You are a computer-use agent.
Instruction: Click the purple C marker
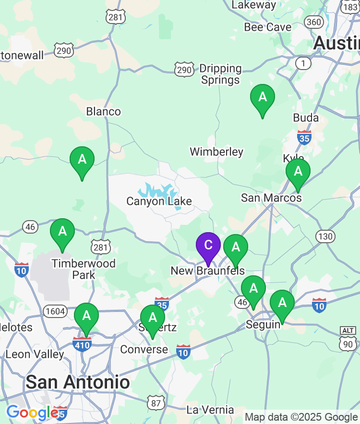pyautogui.click(x=208, y=245)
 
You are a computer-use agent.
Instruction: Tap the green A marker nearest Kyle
pyautogui.click(x=298, y=171)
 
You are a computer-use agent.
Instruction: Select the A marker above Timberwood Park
pyautogui.click(x=62, y=232)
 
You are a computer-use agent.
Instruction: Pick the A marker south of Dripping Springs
pyautogui.click(x=263, y=97)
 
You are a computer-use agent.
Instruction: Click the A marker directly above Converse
pyautogui.click(x=153, y=318)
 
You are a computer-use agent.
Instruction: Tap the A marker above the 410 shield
pyautogui.click(x=86, y=316)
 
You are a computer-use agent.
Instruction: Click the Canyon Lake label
pyautogui.click(x=159, y=201)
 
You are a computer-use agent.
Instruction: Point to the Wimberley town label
pyautogui.click(x=216, y=152)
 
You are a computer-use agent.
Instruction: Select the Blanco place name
pyautogui.click(x=103, y=112)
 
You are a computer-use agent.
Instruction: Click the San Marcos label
pyautogui.click(x=271, y=198)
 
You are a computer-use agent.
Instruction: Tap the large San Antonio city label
pyautogui.click(x=78, y=382)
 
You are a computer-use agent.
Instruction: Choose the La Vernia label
pyautogui.click(x=210, y=410)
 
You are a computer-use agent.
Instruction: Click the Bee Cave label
pyautogui.click(x=267, y=27)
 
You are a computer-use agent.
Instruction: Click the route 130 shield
pyautogui.click(x=325, y=236)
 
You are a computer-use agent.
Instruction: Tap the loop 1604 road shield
pyautogui.click(x=55, y=311)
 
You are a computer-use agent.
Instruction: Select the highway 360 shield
pyautogui.click(x=314, y=22)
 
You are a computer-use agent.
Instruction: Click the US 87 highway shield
pyautogui.click(x=156, y=403)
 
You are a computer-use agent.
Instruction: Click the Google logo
pyautogui.click(x=32, y=412)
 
